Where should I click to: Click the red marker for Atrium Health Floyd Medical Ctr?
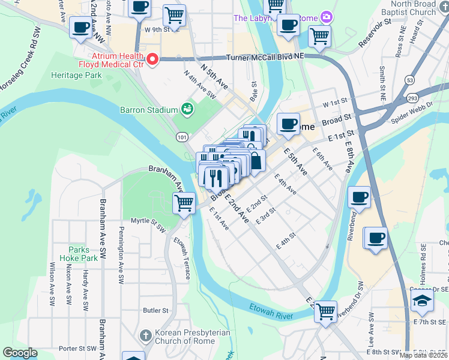(152, 59)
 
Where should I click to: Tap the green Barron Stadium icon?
(187, 109)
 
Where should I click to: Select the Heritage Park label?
(76, 75)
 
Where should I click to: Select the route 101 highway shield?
(182, 137)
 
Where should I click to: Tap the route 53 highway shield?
(409, 79)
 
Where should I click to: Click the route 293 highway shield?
(413, 97)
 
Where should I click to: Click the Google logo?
(19, 353)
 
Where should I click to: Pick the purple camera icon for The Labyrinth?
(327, 16)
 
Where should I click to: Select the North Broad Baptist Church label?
(421, 8)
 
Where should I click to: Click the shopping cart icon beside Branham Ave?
(184, 202)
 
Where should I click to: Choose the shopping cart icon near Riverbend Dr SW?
(325, 310)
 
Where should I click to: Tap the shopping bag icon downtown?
(255, 160)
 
